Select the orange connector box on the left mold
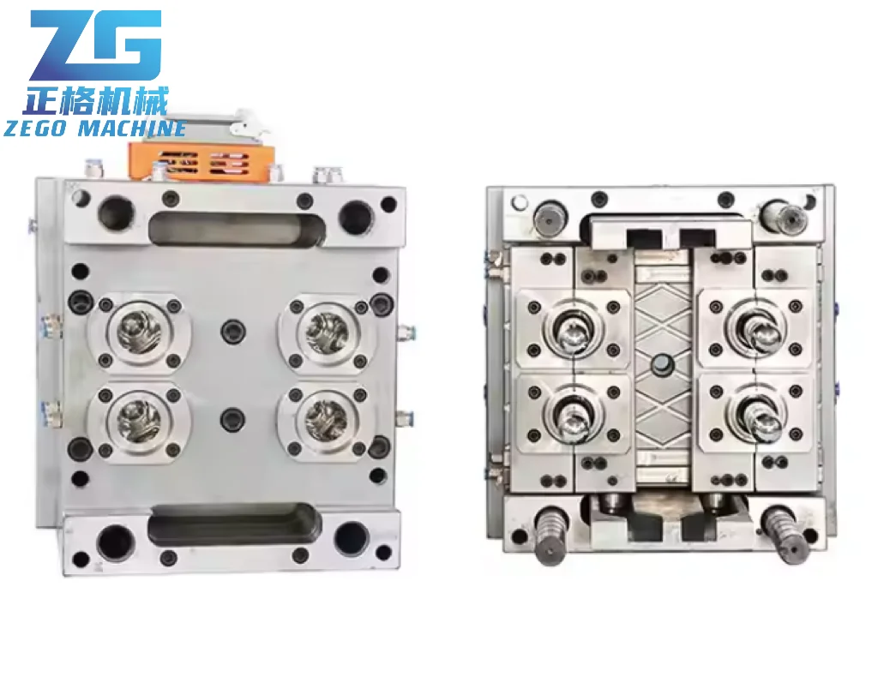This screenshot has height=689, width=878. click(201, 160)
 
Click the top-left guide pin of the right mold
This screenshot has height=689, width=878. click(548, 218)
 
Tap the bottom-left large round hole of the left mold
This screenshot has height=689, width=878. click(115, 541)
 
